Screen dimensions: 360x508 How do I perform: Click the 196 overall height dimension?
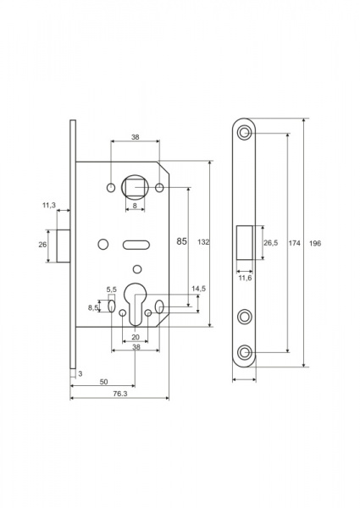315,243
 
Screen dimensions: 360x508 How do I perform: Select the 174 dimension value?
294,243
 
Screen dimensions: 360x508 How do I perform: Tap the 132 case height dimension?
203,242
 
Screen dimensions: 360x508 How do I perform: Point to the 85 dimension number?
182,241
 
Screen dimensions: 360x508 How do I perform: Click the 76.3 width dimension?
120,394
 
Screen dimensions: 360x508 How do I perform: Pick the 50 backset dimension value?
103,382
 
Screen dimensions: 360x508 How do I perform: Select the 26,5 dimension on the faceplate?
270,243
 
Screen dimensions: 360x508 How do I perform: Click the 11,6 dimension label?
246,278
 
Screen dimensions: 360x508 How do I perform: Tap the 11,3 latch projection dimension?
49,205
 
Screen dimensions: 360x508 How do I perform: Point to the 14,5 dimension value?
198,289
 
